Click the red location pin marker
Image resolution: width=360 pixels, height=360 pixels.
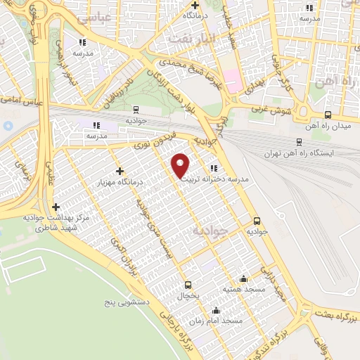(x=181, y=165)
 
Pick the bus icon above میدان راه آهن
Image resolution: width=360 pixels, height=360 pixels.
(x=328, y=115)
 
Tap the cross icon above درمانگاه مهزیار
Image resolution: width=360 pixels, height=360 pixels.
(x=120, y=170)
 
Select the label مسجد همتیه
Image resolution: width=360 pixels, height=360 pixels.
(x=243, y=289)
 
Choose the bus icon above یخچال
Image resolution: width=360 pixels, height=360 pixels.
(x=188, y=285)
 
